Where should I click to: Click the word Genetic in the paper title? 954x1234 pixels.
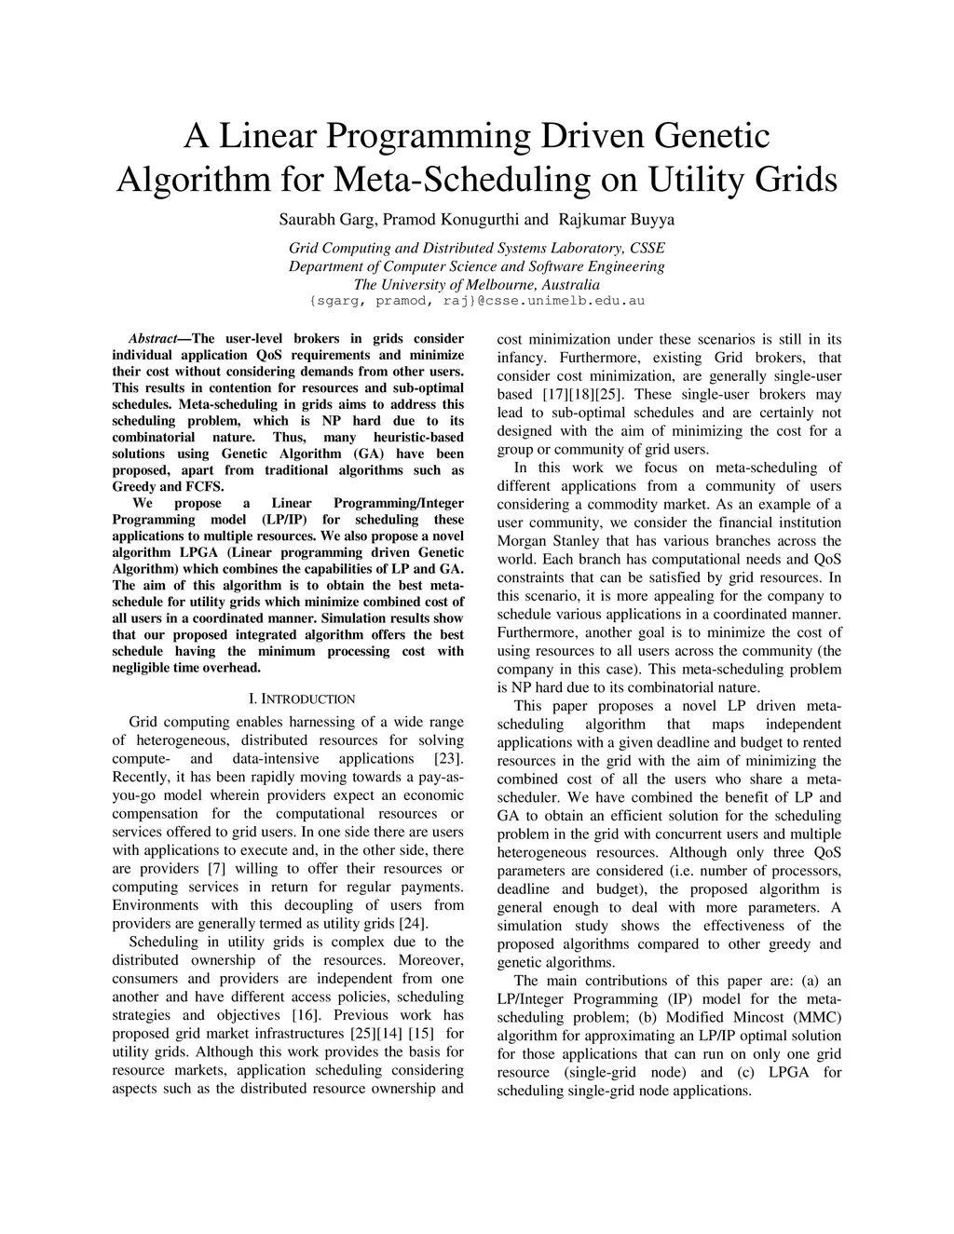[714, 136]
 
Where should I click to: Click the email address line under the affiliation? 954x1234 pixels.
[476, 301]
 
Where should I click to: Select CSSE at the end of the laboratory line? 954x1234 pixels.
[647, 248]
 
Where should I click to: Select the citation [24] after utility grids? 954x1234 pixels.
[412, 924]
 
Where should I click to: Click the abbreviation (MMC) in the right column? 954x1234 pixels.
[817, 1017]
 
